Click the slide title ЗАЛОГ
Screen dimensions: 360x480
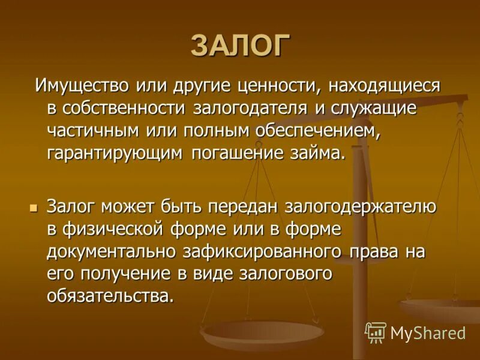point(240,46)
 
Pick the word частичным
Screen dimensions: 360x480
point(91,131)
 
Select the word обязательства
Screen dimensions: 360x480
point(110,296)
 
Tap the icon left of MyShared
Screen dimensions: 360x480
point(376,332)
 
